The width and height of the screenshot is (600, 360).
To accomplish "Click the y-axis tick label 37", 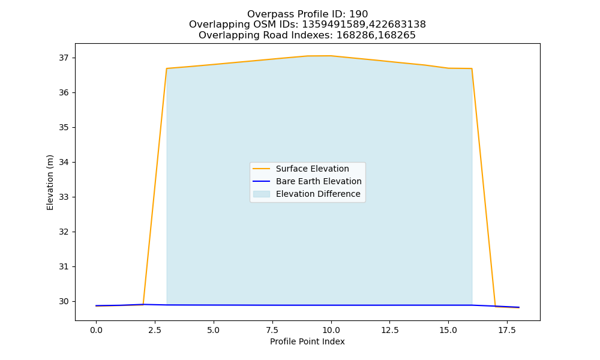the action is pos(64,58).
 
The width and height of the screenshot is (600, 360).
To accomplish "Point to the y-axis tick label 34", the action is pos(64,162).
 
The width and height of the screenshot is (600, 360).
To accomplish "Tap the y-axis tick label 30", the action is pos(64,301).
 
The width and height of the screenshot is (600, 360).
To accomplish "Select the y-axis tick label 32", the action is pos(64,232).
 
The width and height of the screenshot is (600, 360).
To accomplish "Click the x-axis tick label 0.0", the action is pos(96,330).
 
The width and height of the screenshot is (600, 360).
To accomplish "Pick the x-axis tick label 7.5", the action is pos(272,330).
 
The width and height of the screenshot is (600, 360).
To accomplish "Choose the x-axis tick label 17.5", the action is pos(507,330).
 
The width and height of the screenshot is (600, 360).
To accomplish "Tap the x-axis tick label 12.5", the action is pos(389,330).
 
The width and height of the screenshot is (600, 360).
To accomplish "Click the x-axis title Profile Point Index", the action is pos(307,341).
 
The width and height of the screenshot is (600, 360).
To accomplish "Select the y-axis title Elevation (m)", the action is pos(50,182).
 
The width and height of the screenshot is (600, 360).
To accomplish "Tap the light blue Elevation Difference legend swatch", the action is pos(262,194).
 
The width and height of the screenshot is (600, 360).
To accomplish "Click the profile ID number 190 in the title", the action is pos(359,14).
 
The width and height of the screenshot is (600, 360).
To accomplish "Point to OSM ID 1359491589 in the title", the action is pos(334,25).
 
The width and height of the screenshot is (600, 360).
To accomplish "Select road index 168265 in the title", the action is pos(397,35).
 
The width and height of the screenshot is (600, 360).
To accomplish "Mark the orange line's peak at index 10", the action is pos(331,56).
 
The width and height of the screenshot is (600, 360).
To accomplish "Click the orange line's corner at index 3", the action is pos(166,68).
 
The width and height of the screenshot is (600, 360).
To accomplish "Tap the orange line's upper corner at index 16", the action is pos(472,68).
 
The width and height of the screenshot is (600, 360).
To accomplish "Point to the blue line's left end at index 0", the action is pos(96,305).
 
